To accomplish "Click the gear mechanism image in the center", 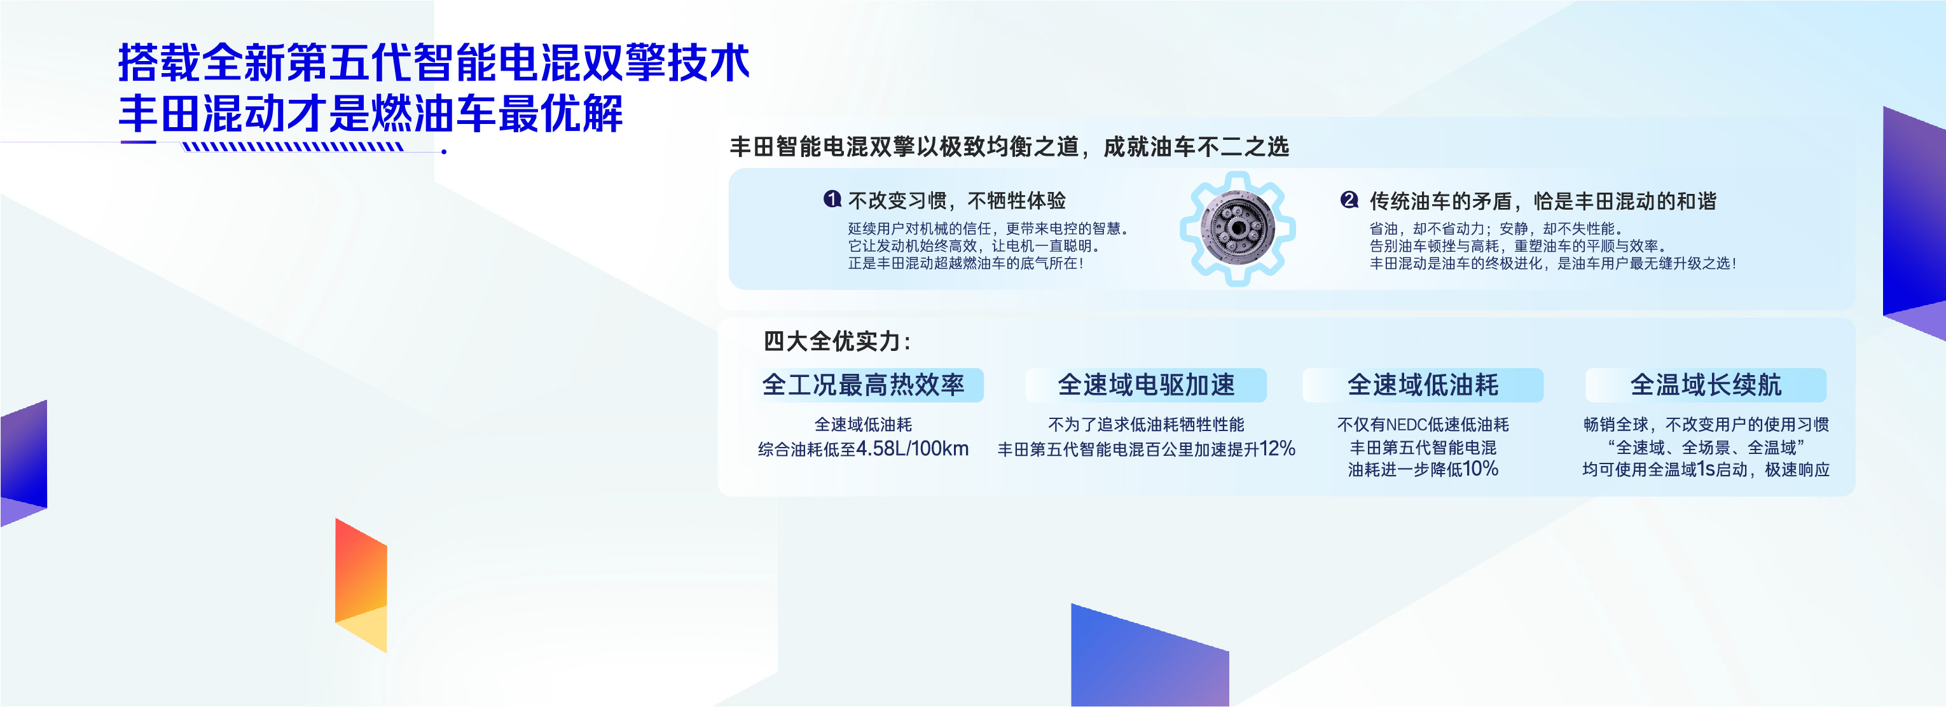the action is tap(1238, 228).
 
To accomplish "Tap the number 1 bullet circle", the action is tap(832, 200).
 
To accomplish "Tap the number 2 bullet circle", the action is tap(1349, 200).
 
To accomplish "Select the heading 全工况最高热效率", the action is tap(863, 385).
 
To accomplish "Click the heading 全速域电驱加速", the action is tap(1146, 385).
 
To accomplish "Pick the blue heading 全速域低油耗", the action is tap(1423, 385).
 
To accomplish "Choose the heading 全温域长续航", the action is tap(1706, 385).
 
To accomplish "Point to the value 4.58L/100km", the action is tap(913, 449).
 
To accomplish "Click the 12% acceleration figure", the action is tap(1278, 449).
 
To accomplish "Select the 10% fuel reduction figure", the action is tap(1480, 469).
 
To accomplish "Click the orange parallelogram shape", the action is tap(361, 586).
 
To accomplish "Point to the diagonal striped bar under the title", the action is tap(293, 146).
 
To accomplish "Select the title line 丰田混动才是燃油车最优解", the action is tap(371, 113).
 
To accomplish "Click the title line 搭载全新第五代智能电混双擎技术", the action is tap(434, 62).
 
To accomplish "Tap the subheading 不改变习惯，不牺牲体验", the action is tap(957, 200).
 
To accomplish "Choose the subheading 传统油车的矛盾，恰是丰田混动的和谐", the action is tap(1543, 201).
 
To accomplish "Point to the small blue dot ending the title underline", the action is tap(444, 152).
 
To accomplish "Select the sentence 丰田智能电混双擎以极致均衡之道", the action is tap(904, 146).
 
